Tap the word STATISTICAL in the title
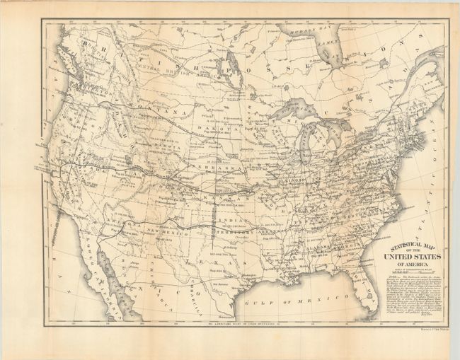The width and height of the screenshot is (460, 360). (405, 247)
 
